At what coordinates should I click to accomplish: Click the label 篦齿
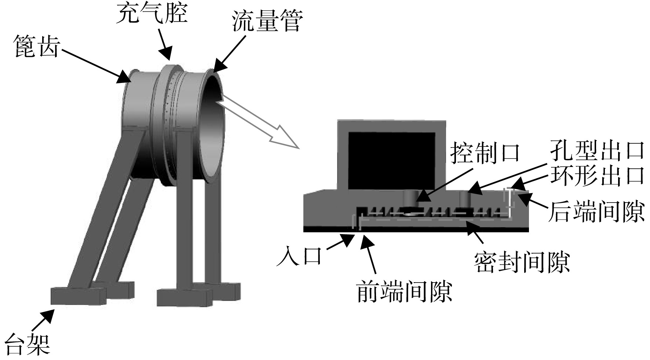coord(36,47)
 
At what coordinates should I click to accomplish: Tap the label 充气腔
coord(151,13)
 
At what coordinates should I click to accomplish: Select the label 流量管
coord(267,21)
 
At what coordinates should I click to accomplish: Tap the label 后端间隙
coord(596,211)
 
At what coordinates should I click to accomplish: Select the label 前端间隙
coord(404,291)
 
